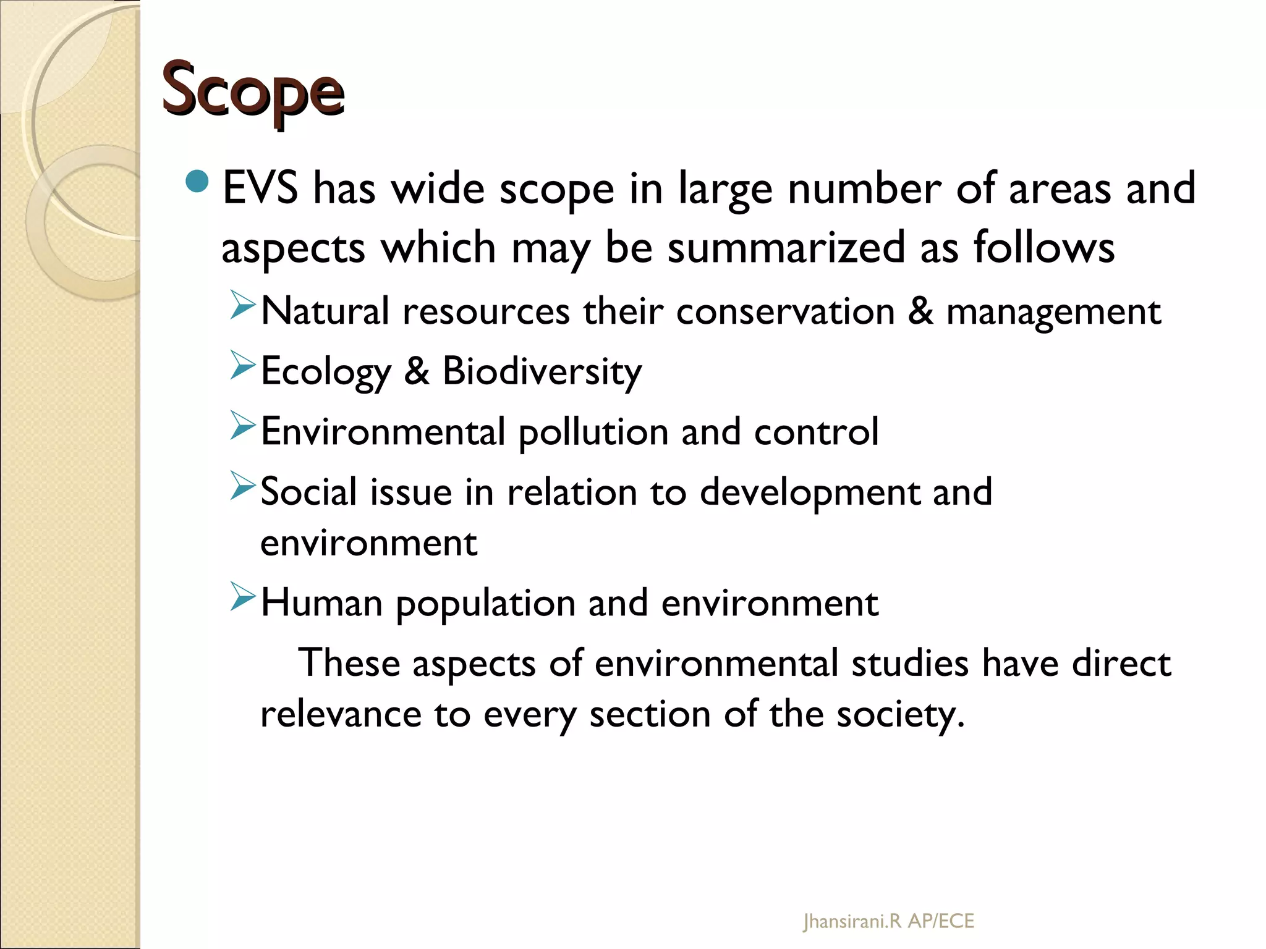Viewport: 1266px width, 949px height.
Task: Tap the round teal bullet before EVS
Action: click(x=198, y=181)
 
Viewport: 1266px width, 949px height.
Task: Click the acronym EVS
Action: click(x=260, y=188)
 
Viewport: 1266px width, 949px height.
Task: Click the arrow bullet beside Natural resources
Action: click(x=242, y=306)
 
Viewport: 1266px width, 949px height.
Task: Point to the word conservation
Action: click(x=785, y=311)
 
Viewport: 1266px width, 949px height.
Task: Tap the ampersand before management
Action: click(x=920, y=311)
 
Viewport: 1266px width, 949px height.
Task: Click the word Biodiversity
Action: click(x=542, y=371)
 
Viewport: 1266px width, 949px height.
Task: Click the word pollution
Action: click(x=593, y=432)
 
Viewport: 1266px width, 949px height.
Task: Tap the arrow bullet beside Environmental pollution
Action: click(x=242, y=425)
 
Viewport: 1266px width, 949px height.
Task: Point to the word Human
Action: click(x=321, y=602)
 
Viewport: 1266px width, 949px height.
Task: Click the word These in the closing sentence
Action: click(x=349, y=663)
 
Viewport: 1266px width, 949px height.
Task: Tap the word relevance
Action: click(x=341, y=714)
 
